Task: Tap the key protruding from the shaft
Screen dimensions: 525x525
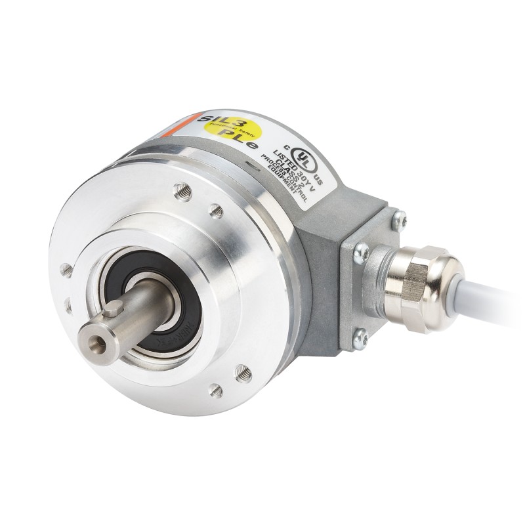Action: tap(117, 307)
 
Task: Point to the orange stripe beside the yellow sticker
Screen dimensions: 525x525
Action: tap(198, 125)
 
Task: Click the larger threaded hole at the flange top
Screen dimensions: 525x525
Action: tap(183, 192)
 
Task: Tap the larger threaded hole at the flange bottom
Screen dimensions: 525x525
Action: tap(243, 372)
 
